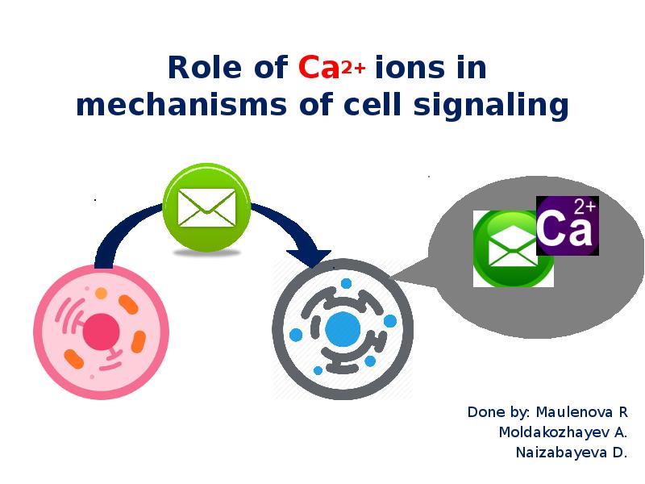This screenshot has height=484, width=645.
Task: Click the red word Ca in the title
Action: click(318, 69)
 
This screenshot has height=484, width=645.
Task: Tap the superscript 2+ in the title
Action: click(353, 69)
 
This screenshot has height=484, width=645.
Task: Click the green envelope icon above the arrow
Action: click(206, 207)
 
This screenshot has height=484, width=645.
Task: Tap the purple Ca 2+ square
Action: click(567, 226)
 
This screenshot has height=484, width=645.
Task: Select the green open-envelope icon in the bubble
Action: click(506, 248)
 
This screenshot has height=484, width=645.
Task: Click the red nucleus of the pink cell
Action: click(102, 332)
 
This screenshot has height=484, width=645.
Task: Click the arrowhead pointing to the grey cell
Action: click(309, 256)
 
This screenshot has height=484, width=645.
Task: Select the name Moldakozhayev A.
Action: click(563, 432)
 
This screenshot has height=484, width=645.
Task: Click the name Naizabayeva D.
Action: click(571, 453)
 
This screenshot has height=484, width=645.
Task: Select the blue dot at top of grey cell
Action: click(346, 284)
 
